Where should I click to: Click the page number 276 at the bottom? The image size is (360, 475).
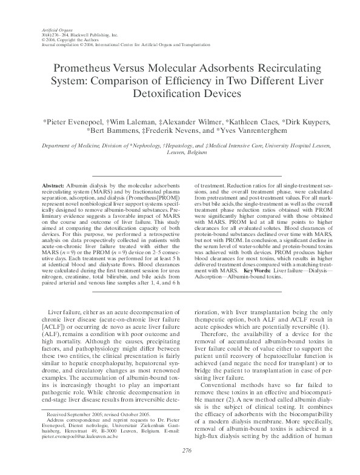click(180, 467)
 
